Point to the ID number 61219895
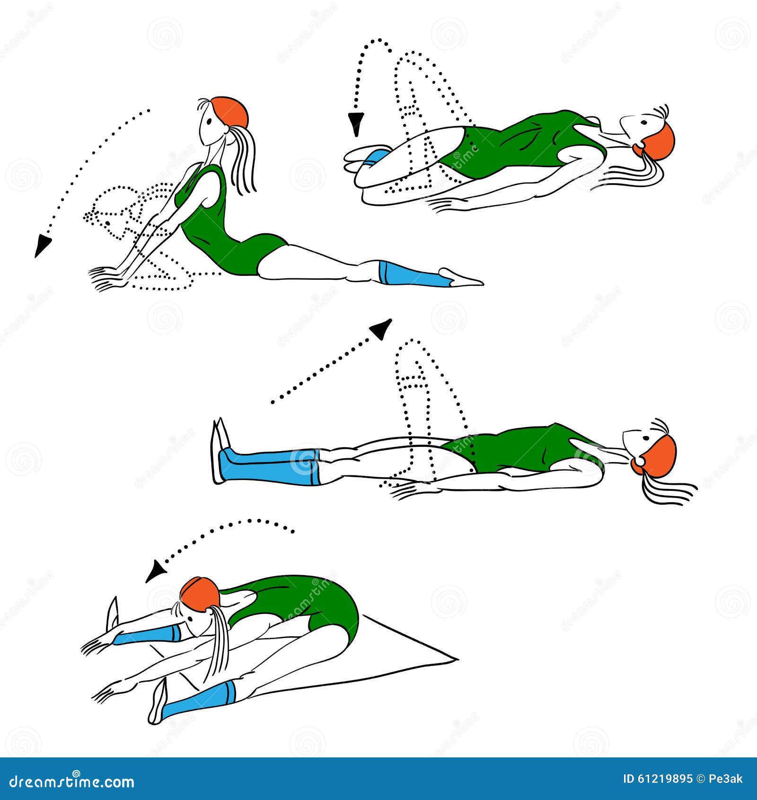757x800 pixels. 658,779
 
